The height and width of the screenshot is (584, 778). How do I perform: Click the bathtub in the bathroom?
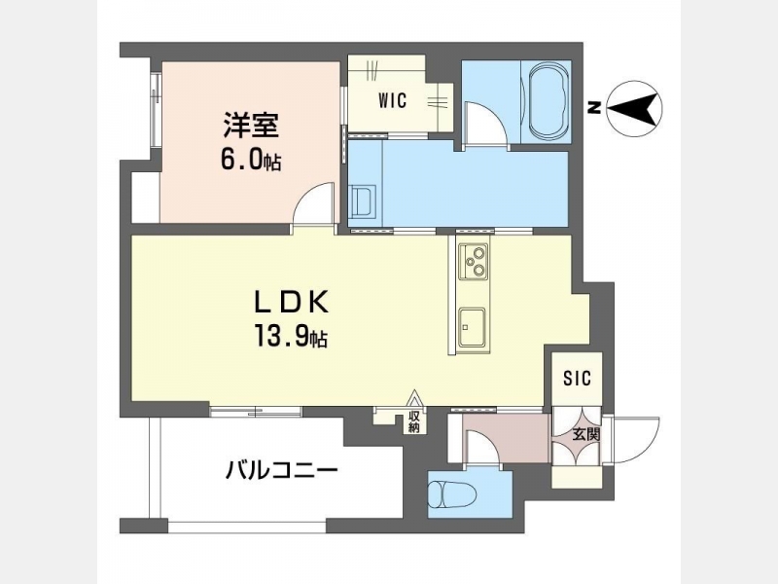pyautogui.click(x=548, y=101)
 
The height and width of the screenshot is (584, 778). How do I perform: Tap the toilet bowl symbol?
pyautogui.click(x=452, y=494)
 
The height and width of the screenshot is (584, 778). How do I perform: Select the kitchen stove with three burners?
pyautogui.click(x=473, y=261)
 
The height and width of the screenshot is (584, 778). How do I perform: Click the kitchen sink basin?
pyautogui.click(x=472, y=327)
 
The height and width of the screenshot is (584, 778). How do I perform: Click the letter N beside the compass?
pyautogui.click(x=593, y=108)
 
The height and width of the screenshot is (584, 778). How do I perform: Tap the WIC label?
pyautogui.click(x=392, y=101)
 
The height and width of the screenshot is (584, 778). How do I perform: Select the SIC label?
pyautogui.click(x=577, y=379)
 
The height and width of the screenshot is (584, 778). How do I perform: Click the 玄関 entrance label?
pyautogui.click(x=586, y=435)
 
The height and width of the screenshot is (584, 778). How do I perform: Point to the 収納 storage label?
pyautogui.click(x=414, y=421)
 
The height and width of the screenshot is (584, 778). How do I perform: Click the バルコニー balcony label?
pyautogui.click(x=282, y=469)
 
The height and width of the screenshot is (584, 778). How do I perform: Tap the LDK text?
pyautogui.click(x=291, y=302)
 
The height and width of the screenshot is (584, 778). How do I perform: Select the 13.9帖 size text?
pyautogui.click(x=291, y=336)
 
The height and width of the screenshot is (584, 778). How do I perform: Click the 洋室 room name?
pyautogui.click(x=251, y=126)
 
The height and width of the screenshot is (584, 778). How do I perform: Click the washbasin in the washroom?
pyautogui.click(x=363, y=202)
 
